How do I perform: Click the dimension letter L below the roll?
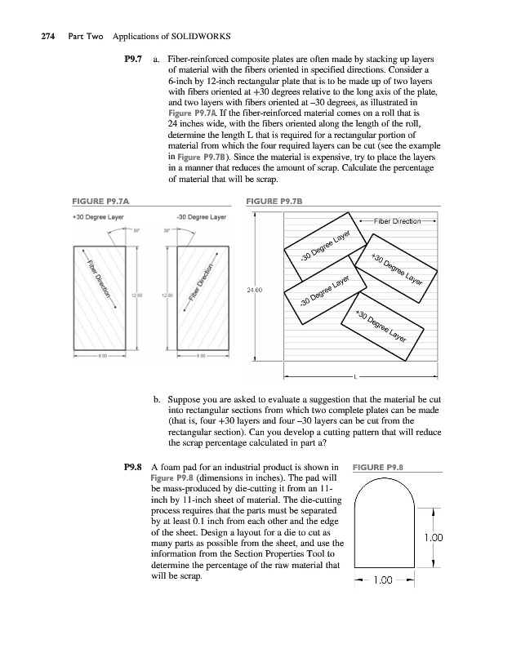pyautogui.click(x=355, y=376)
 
